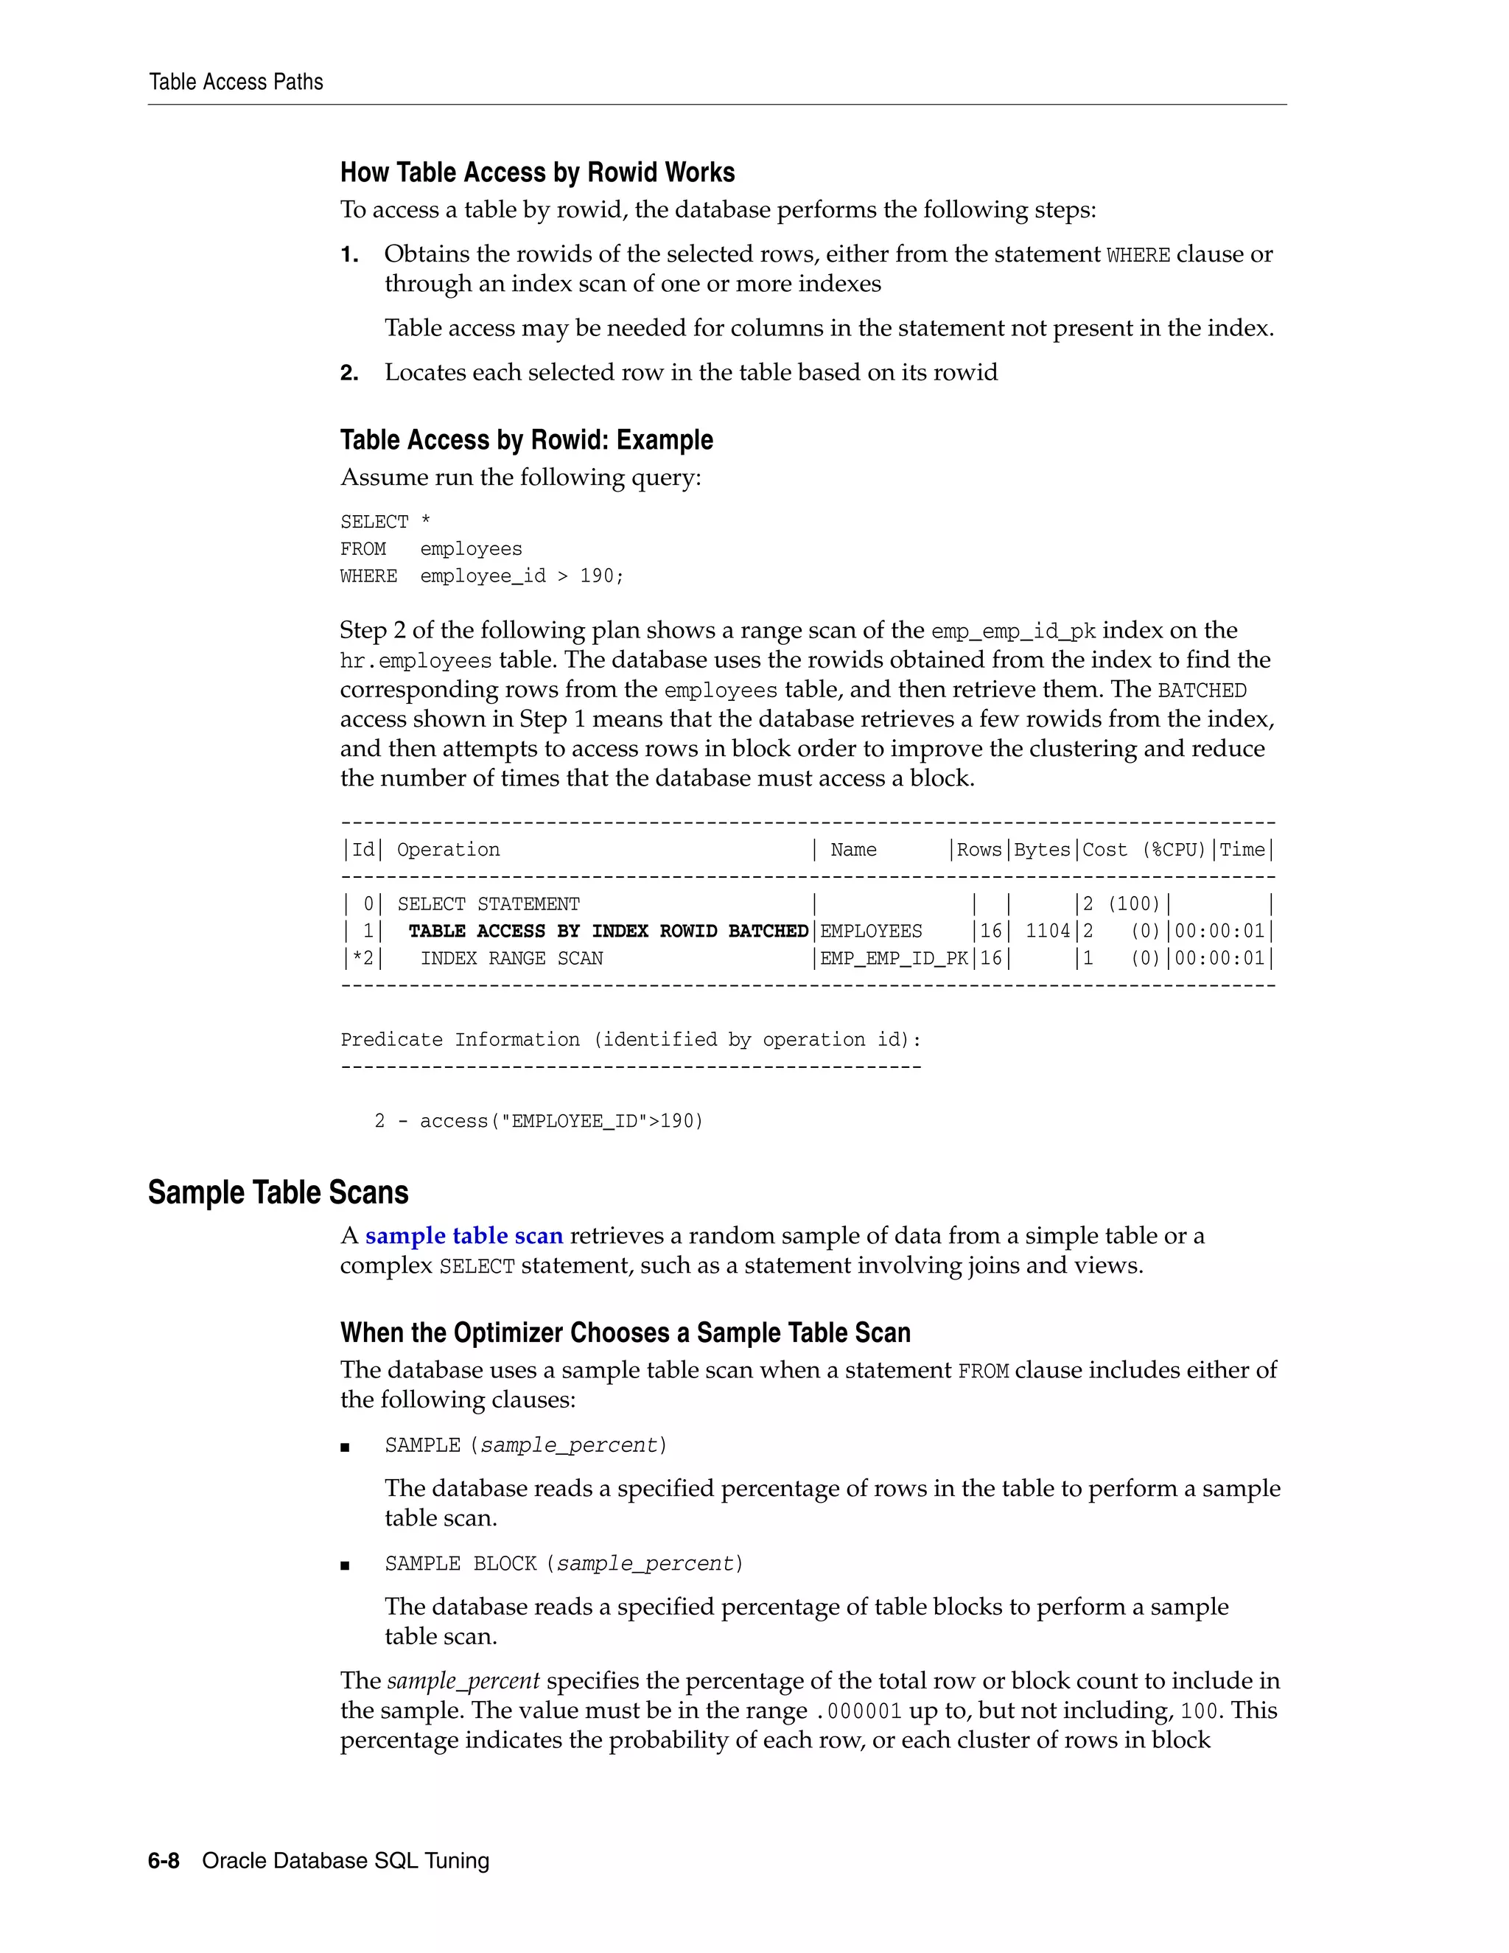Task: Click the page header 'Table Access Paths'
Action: pos(236,83)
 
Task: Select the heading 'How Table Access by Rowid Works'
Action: pos(537,172)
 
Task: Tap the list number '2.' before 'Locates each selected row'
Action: pos(349,373)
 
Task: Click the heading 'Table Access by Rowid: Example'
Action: pos(527,440)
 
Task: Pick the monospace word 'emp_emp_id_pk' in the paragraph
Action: pos(1013,632)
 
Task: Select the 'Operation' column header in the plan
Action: pos(448,850)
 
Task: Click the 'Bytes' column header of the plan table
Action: pos(1043,850)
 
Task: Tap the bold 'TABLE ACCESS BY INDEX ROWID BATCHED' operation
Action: pos(608,932)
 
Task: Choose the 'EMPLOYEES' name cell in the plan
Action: pos(871,932)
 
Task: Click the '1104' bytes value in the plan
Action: pos(1047,932)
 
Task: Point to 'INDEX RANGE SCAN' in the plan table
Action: pos(511,959)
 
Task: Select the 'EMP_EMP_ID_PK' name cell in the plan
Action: pos(893,959)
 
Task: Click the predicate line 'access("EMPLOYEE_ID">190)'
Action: pos(561,1122)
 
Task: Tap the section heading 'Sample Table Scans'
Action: pos(278,1193)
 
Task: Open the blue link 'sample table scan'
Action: pos(464,1236)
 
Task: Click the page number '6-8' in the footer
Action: pos(164,1861)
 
